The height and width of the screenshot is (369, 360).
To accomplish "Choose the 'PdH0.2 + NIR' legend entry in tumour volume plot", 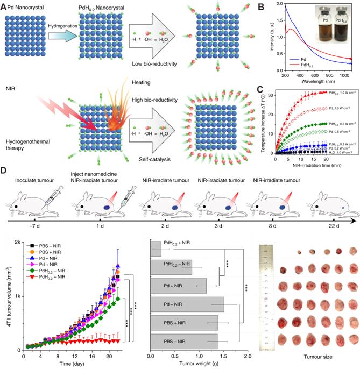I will click(48, 292).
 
